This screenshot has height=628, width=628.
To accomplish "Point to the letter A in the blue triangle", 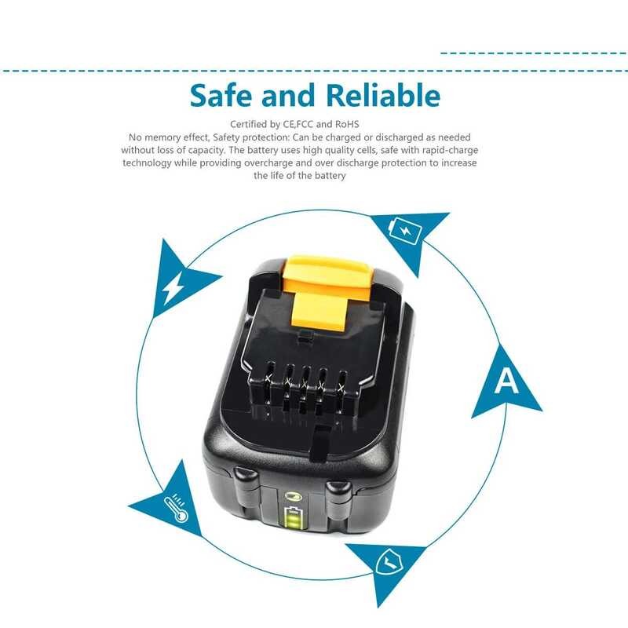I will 507,382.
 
